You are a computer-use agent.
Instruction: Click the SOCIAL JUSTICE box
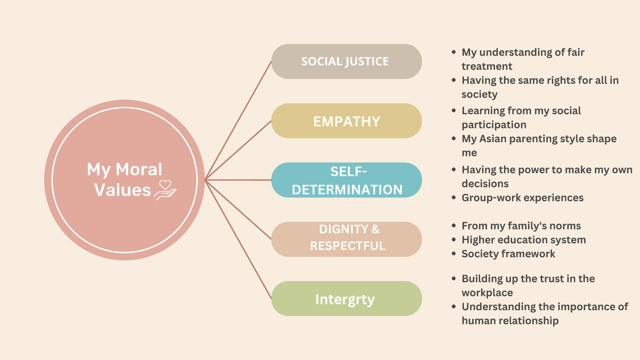point(346,61)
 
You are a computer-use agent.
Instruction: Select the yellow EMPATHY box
point(346,121)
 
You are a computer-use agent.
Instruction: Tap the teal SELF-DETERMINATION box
point(346,180)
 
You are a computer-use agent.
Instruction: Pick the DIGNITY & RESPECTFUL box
point(346,239)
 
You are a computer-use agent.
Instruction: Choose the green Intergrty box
point(346,299)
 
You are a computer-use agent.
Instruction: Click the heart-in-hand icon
point(165,189)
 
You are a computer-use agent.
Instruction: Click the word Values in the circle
point(123,190)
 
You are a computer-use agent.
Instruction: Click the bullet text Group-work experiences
point(522,198)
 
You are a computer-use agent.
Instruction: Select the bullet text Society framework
point(508,254)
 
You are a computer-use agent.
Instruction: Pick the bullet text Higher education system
point(523,240)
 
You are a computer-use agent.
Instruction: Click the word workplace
point(487,293)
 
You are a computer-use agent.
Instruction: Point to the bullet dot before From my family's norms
point(453,226)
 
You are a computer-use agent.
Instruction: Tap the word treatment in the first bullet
point(486,66)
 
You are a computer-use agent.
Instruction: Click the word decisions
point(485,183)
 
